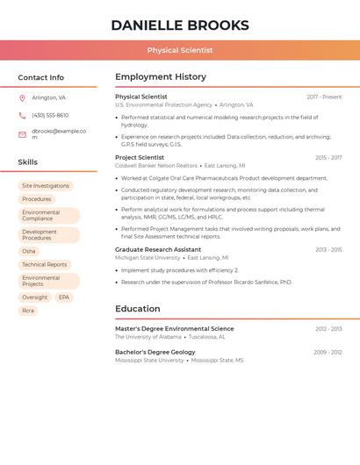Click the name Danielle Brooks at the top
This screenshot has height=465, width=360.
pos(179,25)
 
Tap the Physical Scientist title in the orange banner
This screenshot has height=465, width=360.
pos(179,50)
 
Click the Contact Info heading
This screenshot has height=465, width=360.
pos(40,77)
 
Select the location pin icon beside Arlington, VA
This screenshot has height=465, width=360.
pos(22,97)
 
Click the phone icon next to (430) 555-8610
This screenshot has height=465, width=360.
pos(22,115)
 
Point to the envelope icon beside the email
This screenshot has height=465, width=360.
pos(22,134)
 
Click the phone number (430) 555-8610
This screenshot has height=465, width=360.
pos(50,115)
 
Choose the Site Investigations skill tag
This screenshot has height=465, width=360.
pos(46,186)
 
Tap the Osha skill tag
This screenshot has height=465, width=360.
pos(29,251)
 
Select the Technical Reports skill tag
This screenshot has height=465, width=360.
pos(45,264)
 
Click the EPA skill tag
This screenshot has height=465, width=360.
pos(64,297)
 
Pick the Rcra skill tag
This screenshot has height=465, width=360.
pos(28,311)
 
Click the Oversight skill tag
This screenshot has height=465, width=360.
pos(35,297)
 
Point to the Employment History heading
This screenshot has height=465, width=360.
pos(161,77)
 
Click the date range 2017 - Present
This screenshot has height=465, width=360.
pos(324,97)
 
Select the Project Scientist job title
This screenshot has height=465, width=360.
pos(140,157)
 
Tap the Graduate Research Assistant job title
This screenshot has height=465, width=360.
pos(158,250)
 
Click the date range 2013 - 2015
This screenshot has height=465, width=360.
pos(328,250)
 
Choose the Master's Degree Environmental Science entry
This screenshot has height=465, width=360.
pos(175,329)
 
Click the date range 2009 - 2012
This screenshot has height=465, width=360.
pos(328,352)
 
